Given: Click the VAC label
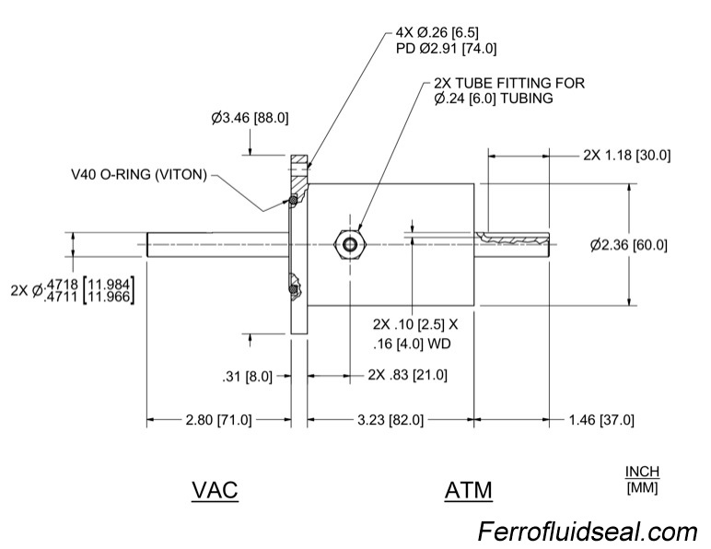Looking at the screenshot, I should [215, 489].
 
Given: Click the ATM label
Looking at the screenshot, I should [468, 489].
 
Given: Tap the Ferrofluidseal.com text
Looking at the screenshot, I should [587, 531].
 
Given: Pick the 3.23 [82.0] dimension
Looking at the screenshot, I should [390, 420].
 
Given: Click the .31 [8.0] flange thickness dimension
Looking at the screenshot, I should [248, 375].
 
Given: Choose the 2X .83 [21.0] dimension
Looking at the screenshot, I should [407, 375].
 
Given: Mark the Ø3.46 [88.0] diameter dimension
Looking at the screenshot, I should [250, 118].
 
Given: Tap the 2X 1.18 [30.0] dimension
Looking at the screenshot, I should [626, 155].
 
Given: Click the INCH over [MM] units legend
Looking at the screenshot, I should [643, 479].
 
